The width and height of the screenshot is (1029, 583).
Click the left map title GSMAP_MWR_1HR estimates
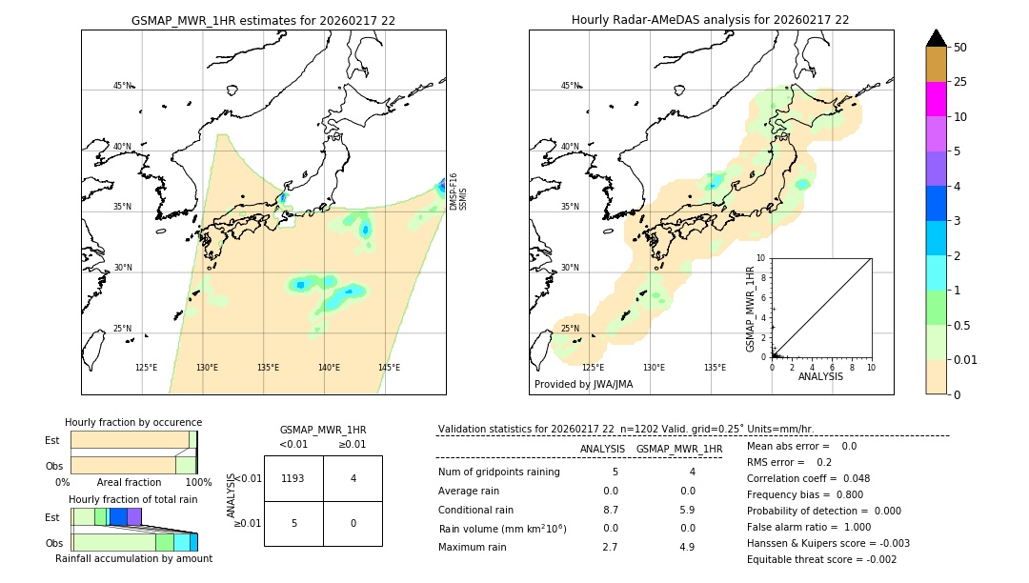pyautogui.click(x=263, y=20)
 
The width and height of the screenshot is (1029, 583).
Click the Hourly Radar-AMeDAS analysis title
pyautogui.click(x=710, y=20)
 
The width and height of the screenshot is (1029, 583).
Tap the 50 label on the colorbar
pyautogui.click(x=960, y=48)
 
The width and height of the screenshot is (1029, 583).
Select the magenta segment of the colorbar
pyautogui.click(x=936, y=99)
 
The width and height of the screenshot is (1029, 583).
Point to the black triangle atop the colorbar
pyautogui.click(x=937, y=38)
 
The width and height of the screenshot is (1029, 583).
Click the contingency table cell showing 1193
pyautogui.click(x=293, y=478)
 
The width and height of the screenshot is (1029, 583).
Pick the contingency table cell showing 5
pyautogui.click(x=293, y=523)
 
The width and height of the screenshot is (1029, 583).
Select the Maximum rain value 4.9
pyautogui.click(x=686, y=547)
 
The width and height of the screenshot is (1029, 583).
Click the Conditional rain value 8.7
pyautogui.click(x=610, y=510)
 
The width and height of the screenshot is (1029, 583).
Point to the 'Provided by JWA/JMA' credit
pyautogui.click(x=583, y=384)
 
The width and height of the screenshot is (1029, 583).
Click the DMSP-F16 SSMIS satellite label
pyautogui.click(x=457, y=191)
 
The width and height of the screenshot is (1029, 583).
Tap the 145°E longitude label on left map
pyautogui.click(x=389, y=368)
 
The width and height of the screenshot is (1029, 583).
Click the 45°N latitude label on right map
pyautogui.click(x=570, y=86)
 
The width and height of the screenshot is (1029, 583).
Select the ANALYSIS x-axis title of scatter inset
pyautogui.click(x=820, y=377)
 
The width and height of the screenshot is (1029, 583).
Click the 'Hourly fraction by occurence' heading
pyautogui.click(x=133, y=422)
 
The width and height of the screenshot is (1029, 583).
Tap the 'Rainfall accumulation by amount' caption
pyautogui.click(x=133, y=558)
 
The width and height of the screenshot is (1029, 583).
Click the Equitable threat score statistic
pyautogui.click(x=821, y=559)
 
